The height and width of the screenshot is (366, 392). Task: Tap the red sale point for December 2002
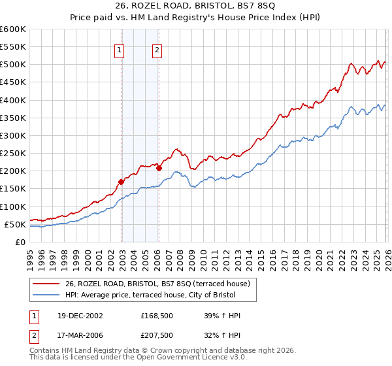[122, 182]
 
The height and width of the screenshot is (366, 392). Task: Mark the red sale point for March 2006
[159, 168]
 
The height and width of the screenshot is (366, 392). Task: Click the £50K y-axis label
[15, 225]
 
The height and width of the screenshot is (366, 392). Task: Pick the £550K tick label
[13, 47]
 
